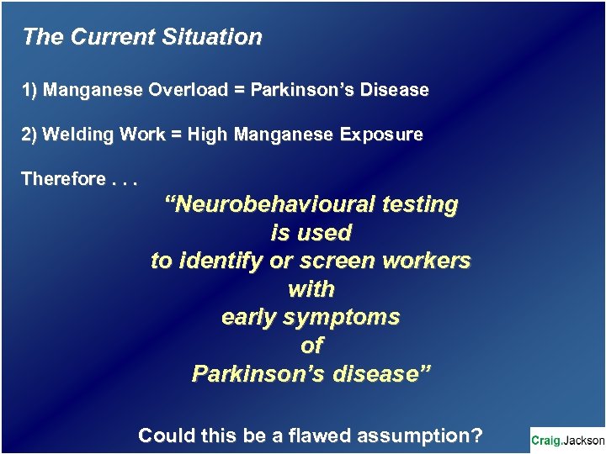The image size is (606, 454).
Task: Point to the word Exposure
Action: point(381,135)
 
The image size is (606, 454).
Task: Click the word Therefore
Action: point(62,179)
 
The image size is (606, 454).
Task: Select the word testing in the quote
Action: point(420,204)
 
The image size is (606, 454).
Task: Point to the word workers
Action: point(426,261)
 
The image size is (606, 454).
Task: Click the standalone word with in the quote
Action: point(311,289)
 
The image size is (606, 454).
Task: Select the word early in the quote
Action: point(250,318)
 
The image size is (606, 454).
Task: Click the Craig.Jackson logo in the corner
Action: point(566,441)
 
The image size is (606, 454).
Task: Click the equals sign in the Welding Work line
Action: point(176,135)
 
